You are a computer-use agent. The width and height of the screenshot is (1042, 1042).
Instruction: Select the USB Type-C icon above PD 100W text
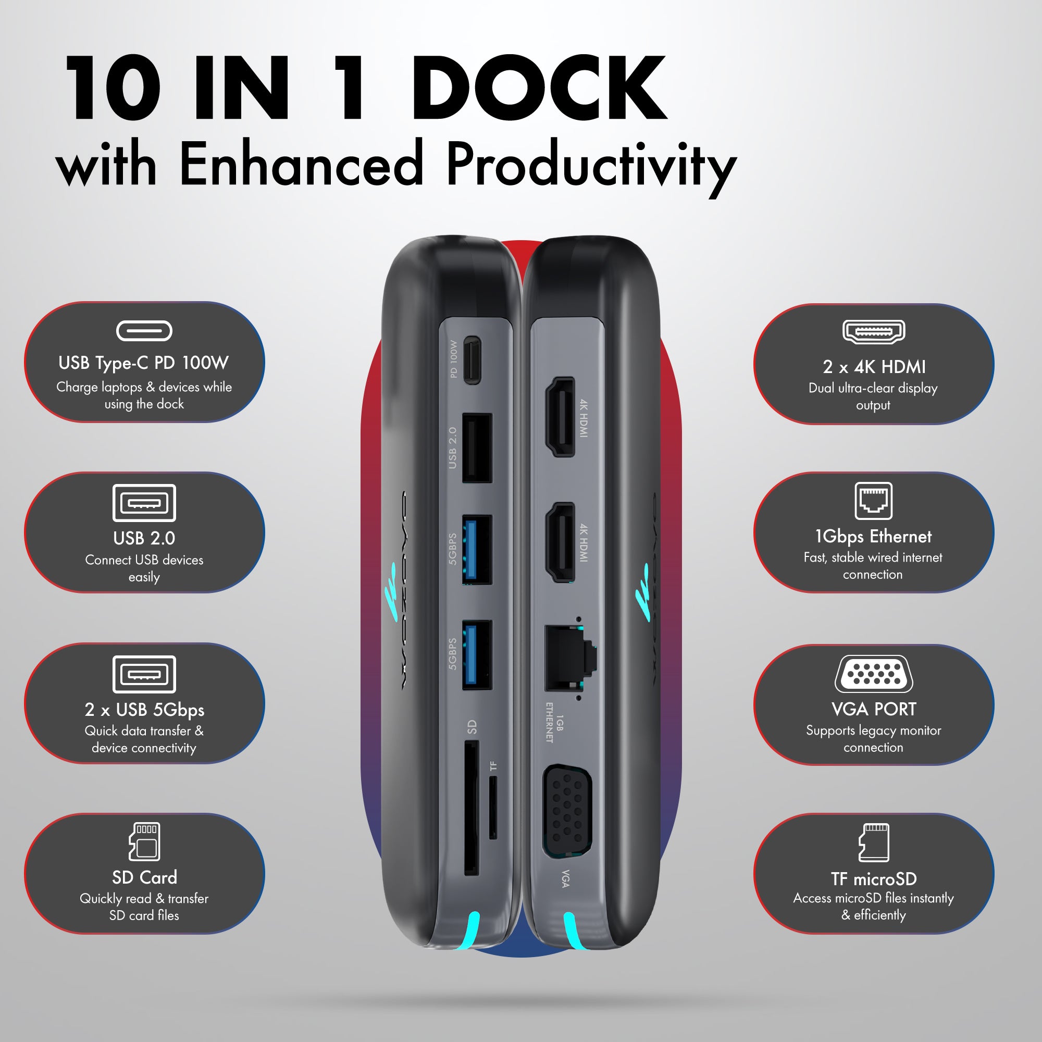coord(144,331)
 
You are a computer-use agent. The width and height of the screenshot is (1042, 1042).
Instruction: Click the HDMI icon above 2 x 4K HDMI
coord(874,332)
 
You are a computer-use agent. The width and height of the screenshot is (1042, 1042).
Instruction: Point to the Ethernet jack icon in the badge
coord(873,501)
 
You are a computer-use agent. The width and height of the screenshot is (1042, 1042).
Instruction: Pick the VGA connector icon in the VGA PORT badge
coord(874,674)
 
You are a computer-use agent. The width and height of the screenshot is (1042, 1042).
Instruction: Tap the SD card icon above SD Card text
coord(144,841)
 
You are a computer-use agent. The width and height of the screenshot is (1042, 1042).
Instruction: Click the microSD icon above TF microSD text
coord(874,842)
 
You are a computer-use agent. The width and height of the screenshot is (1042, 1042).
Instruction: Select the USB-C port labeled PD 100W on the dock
coord(472,361)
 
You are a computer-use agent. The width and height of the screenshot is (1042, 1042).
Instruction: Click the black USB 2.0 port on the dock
coord(477,448)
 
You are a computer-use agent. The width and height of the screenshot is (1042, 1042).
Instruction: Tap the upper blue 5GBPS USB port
coord(477,549)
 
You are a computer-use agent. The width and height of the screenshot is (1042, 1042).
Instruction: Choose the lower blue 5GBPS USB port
coord(477,655)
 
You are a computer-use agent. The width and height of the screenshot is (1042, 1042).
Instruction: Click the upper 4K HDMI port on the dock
coord(561,417)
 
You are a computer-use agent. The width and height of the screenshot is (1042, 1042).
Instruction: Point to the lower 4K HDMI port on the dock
coord(561,542)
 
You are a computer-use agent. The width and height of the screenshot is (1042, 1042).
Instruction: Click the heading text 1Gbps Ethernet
coord(873,537)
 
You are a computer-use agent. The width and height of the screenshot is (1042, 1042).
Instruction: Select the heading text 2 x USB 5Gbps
coord(144,710)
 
